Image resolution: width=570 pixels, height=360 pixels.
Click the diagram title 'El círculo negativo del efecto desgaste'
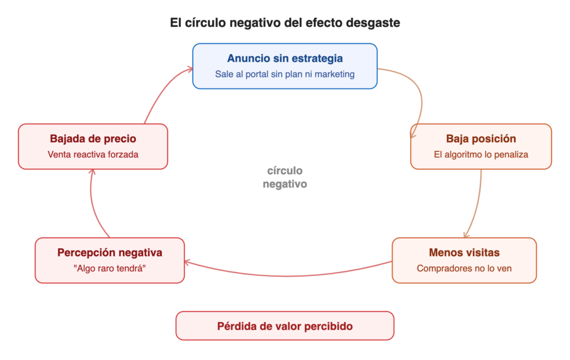(x=285, y=23)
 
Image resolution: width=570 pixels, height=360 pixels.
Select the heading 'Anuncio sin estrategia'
(x=285, y=58)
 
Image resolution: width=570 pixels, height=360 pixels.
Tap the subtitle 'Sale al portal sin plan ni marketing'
(x=285, y=74)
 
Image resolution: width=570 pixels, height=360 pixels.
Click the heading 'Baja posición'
(x=481, y=139)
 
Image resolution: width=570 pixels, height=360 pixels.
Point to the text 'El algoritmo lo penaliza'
(x=481, y=154)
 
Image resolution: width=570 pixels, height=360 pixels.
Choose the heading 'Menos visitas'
(x=464, y=253)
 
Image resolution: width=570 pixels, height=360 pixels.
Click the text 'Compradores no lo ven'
(x=464, y=268)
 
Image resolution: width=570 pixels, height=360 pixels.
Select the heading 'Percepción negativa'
(x=110, y=253)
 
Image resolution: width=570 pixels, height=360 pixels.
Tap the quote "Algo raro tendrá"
(x=110, y=268)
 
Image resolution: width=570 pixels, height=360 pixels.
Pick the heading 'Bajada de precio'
(x=93, y=139)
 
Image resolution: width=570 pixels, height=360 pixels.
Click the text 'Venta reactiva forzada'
(x=93, y=154)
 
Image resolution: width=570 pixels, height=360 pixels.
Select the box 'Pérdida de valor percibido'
(x=285, y=326)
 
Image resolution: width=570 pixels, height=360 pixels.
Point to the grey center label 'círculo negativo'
(x=285, y=177)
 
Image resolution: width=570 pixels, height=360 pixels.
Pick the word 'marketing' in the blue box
(x=333, y=74)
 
